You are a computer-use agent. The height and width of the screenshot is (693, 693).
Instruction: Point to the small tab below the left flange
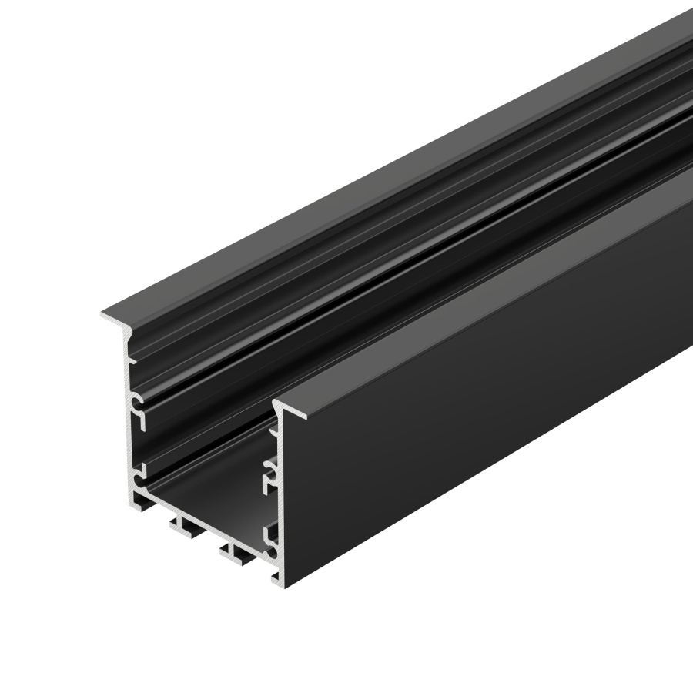click(x=132, y=358)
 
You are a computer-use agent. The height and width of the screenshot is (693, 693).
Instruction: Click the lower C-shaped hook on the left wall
click(x=139, y=472)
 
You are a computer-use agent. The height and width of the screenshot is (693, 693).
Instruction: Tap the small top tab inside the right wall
click(x=272, y=430)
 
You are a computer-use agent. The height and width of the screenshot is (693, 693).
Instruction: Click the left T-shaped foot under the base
click(x=185, y=529)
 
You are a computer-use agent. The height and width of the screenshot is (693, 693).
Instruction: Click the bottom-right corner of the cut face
click(x=279, y=579)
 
